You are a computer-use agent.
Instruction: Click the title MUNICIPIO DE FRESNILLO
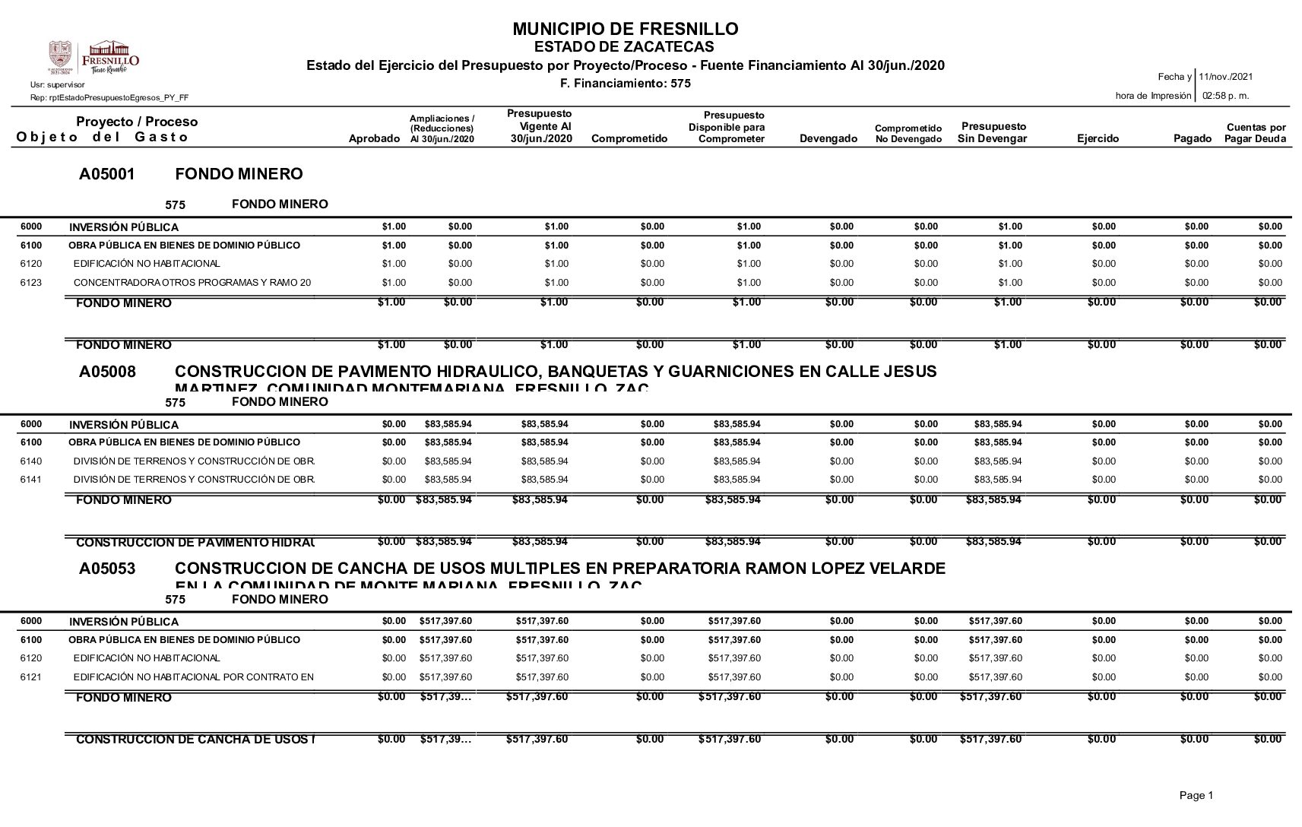pos(625,29)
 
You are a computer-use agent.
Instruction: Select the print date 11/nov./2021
pos(1225,77)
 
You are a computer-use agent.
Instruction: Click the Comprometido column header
pos(629,138)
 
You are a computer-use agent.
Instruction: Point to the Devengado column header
pos(828,138)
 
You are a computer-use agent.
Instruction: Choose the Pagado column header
pos(1192,138)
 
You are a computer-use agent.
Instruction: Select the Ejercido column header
pos(1098,138)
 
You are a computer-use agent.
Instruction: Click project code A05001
pos(107,174)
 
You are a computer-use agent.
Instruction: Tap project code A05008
pos(107,372)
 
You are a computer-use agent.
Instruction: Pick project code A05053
pos(107,569)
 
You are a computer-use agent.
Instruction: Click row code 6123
pos(31,283)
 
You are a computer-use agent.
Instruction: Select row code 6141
pos(31,480)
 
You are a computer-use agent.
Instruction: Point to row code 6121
pos(31,677)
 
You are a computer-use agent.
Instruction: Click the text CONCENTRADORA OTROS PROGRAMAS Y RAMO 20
pos(192,283)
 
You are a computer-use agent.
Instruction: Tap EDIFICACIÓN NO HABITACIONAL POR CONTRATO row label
pos(193,677)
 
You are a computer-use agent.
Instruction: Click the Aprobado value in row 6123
pos(394,283)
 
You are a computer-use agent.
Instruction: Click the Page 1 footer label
pos(1196,795)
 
